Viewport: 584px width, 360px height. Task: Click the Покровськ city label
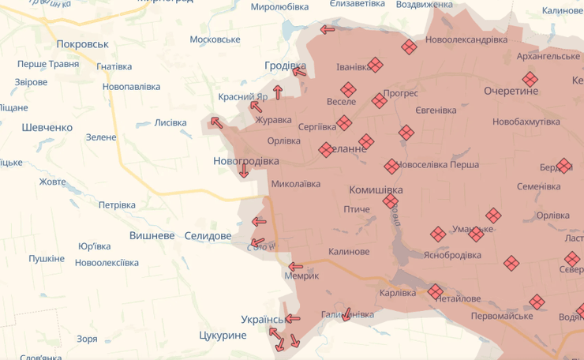click(83, 44)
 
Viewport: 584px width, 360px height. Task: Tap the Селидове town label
click(208, 236)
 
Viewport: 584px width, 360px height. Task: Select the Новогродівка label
click(246, 160)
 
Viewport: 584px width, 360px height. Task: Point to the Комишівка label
click(376, 190)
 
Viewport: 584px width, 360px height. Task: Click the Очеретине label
click(511, 91)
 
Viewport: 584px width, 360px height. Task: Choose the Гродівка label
click(285, 66)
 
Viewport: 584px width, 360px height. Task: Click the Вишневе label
click(152, 236)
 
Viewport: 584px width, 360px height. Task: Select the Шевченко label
click(47, 127)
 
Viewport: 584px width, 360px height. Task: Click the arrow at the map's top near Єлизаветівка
click(327, 30)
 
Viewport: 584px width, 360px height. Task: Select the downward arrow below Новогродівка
click(244, 171)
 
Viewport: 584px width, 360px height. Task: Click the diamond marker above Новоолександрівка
click(409, 47)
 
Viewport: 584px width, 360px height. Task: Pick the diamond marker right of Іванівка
click(376, 65)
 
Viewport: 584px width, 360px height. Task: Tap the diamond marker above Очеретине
click(530, 79)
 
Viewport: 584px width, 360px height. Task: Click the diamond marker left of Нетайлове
click(436, 292)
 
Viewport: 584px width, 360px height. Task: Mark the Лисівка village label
click(170, 122)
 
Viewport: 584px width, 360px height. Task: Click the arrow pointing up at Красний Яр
click(277, 92)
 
